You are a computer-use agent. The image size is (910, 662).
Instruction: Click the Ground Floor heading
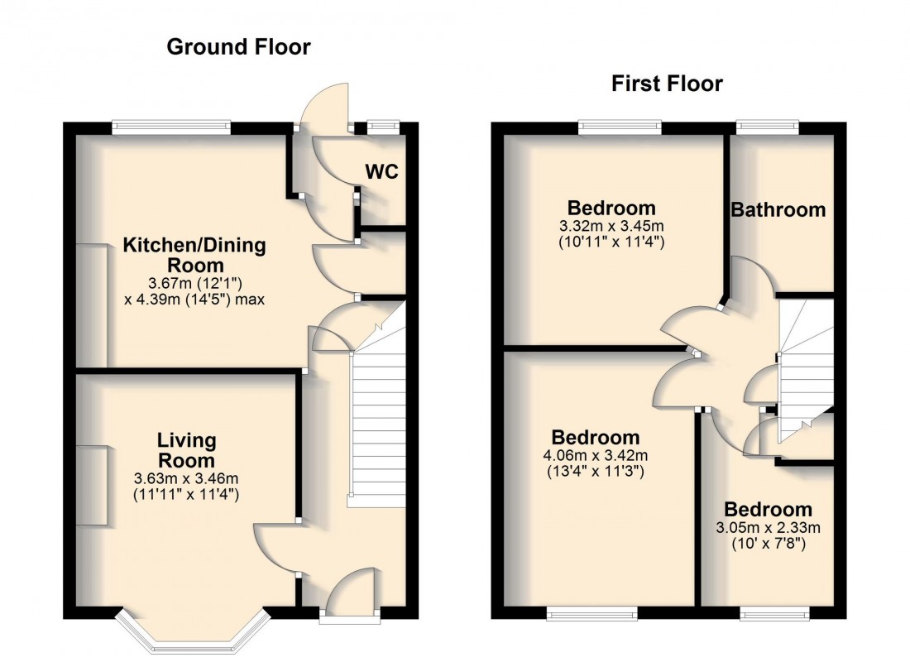pyautogui.click(x=238, y=47)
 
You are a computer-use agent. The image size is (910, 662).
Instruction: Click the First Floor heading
pyautogui.click(x=667, y=84)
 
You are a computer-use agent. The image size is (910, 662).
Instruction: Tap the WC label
pyautogui.click(x=382, y=172)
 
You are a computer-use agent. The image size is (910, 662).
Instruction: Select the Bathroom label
pyautogui.click(x=778, y=210)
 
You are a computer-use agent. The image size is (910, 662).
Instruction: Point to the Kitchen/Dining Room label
pyautogui.click(x=194, y=255)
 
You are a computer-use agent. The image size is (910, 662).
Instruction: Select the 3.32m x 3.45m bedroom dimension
pyautogui.click(x=612, y=226)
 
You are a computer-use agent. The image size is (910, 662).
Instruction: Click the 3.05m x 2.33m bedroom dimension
pyautogui.click(x=769, y=527)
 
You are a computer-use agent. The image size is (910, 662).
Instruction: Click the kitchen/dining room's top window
pyautogui.click(x=171, y=127)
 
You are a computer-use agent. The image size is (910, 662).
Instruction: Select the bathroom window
pyautogui.click(x=768, y=127)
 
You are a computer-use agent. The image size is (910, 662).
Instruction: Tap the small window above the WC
pyautogui.click(x=382, y=127)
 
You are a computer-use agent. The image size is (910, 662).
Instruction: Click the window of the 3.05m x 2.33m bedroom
pyautogui.click(x=774, y=613)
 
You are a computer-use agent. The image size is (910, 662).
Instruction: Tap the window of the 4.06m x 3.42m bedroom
pyautogui.click(x=591, y=613)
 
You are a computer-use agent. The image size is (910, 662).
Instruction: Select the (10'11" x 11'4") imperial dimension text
pyautogui.click(x=612, y=242)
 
